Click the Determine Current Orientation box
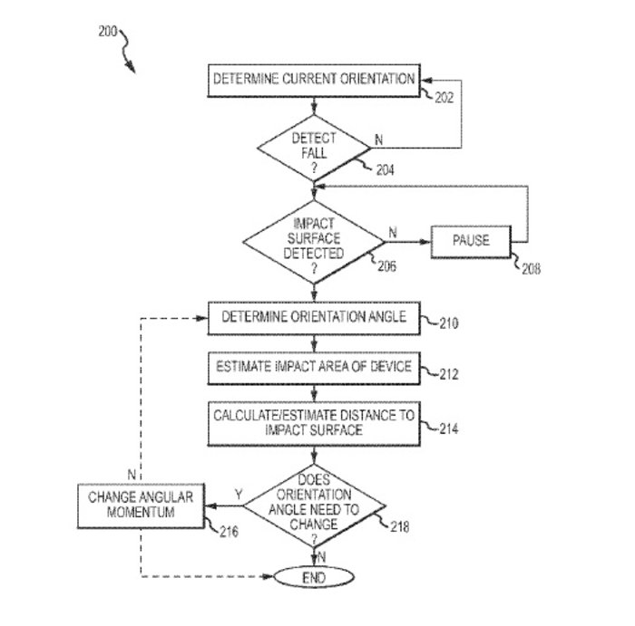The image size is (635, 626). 314,79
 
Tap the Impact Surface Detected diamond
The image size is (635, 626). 314,241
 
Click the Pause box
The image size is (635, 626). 471,241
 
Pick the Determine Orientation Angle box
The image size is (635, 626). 314,318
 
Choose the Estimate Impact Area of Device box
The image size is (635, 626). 314,367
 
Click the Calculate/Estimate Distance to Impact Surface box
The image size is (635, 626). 314,423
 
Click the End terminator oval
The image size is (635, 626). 314,576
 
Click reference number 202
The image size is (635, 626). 444,98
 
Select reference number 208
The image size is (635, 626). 531,269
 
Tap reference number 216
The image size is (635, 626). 229,532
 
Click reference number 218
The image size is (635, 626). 400,525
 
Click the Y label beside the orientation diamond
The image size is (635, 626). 238,495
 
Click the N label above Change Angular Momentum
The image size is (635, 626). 132,475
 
